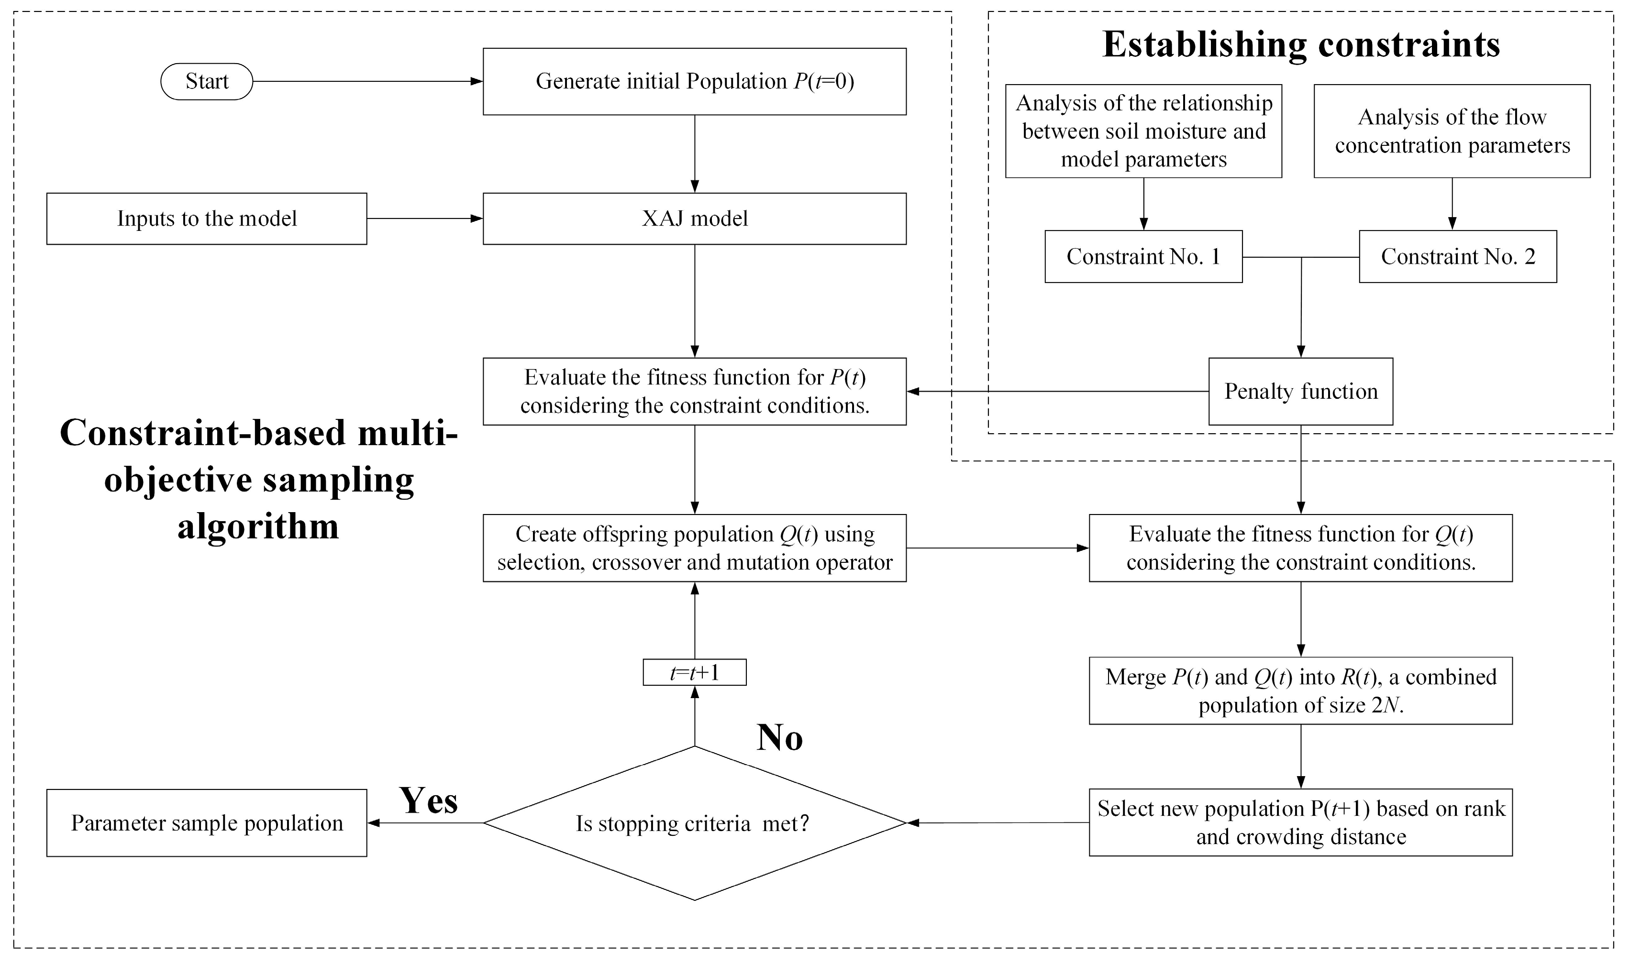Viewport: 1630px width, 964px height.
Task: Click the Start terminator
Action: tap(207, 81)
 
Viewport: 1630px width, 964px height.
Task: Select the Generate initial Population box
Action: tap(694, 81)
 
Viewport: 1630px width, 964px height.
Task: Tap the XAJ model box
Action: tap(694, 218)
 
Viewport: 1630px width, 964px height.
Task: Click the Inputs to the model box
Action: tap(207, 218)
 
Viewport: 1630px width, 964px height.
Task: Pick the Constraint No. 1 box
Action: tap(1143, 257)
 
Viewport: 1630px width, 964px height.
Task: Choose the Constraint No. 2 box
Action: tap(1457, 257)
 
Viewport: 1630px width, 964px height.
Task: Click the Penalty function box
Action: tap(1300, 391)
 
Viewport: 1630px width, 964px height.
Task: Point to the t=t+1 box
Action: tap(694, 672)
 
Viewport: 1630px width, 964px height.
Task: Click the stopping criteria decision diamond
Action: tap(694, 823)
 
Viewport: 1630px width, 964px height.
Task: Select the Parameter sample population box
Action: tap(207, 823)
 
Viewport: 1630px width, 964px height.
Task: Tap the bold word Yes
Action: tap(428, 800)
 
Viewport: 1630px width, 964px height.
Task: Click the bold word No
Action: tap(779, 738)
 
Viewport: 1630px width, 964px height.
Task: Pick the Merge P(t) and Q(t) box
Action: tap(1300, 691)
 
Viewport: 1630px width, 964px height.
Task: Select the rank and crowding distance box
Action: tap(1300, 822)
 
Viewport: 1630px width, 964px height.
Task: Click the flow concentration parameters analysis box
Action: tap(1452, 131)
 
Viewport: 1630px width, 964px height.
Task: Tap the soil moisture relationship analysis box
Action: tap(1143, 131)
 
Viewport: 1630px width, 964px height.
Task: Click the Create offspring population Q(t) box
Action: tap(694, 548)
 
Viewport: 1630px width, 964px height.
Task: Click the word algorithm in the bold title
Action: tap(258, 526)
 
